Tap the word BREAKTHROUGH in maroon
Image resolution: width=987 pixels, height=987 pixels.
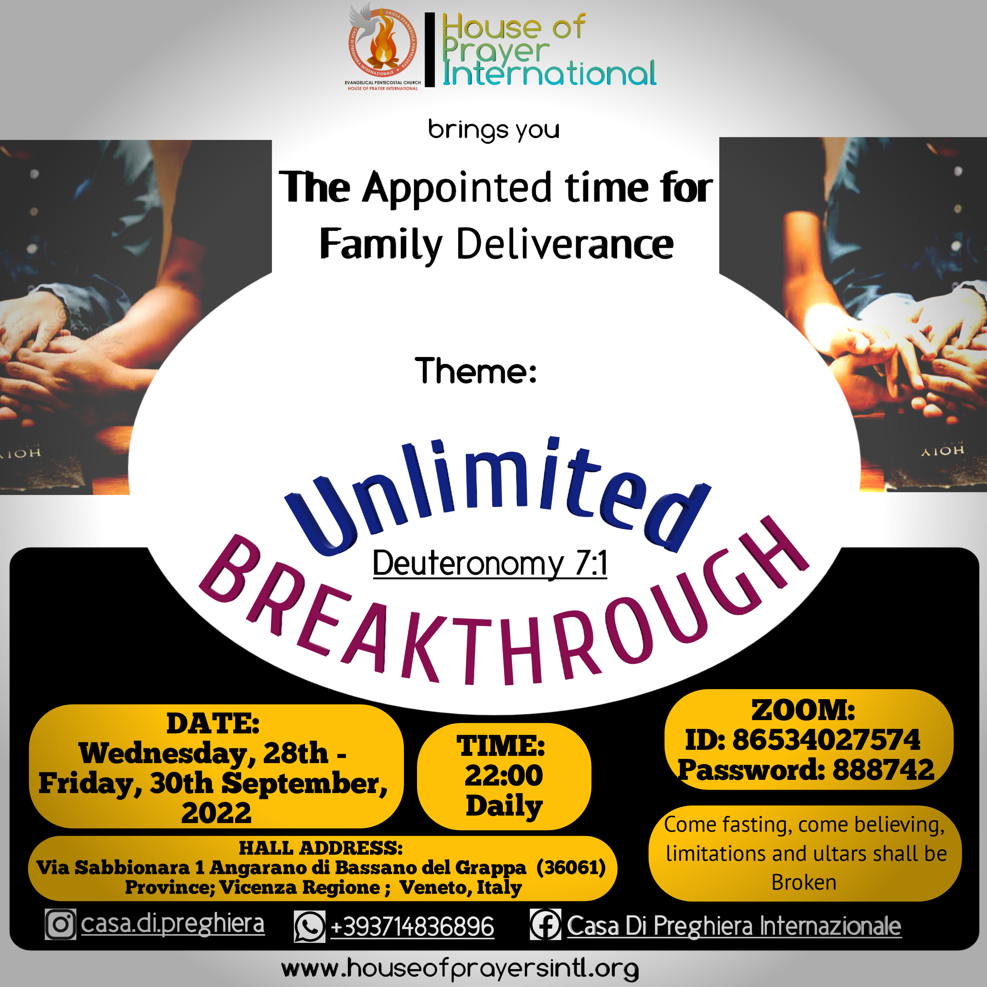(x=503, y=608)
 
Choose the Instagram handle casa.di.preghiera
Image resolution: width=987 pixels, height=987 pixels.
(x=173, y=924)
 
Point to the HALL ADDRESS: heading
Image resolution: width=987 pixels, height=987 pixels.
(x=321, y=848)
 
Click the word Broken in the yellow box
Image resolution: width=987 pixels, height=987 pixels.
(x=803, y=882)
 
